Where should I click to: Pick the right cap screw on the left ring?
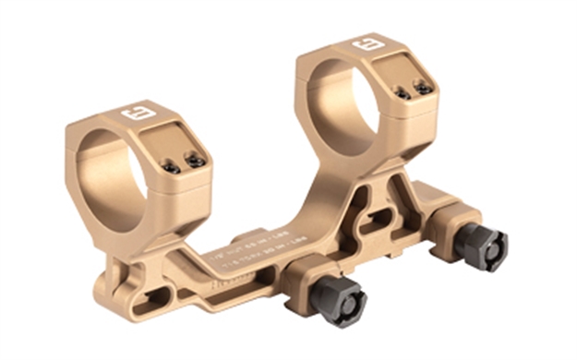195,161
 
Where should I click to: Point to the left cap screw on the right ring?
403,93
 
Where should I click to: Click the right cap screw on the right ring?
424,89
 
